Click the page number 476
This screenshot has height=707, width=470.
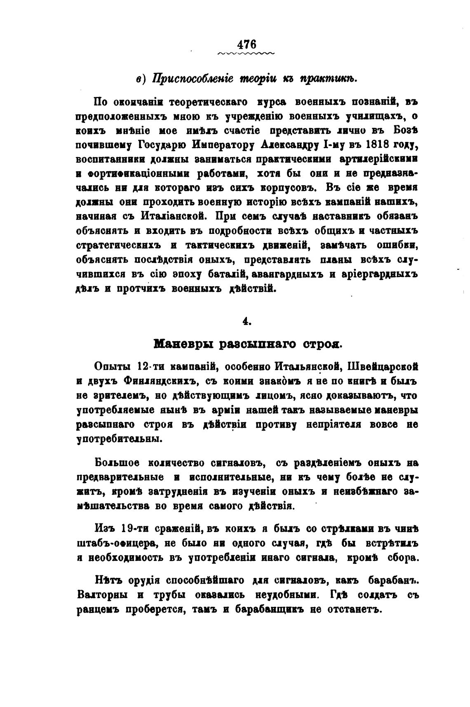[x=247, y=44]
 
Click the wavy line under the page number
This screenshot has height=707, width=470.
[x=246, y=54]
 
